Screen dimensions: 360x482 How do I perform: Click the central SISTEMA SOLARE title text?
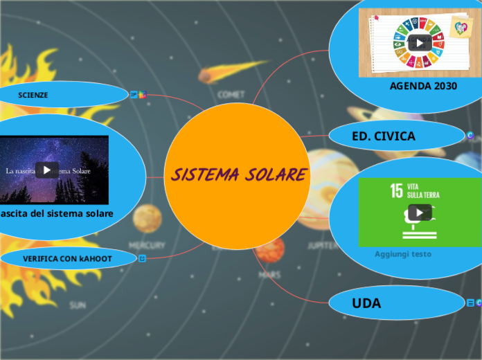[x=238, y=174]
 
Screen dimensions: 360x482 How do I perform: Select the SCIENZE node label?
[x=33, y=95]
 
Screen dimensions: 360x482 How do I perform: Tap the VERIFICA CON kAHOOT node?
[x=67, y=258]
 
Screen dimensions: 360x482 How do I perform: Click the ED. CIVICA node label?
[x=384, y=136]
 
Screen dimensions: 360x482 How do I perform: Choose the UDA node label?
[x=366, y=303]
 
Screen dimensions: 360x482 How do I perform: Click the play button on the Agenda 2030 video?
[x=419, y=42]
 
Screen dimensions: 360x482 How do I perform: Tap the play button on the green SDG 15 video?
[x=419, y=213]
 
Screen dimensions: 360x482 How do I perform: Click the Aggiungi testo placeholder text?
[x=403, y=254]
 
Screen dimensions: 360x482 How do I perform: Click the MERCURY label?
[x=147, y=245]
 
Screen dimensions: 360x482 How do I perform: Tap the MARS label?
[x=269, y=275]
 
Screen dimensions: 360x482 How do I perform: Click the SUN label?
[x=78, y=305]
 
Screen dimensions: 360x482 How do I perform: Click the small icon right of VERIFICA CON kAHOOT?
[x=142, y=258]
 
